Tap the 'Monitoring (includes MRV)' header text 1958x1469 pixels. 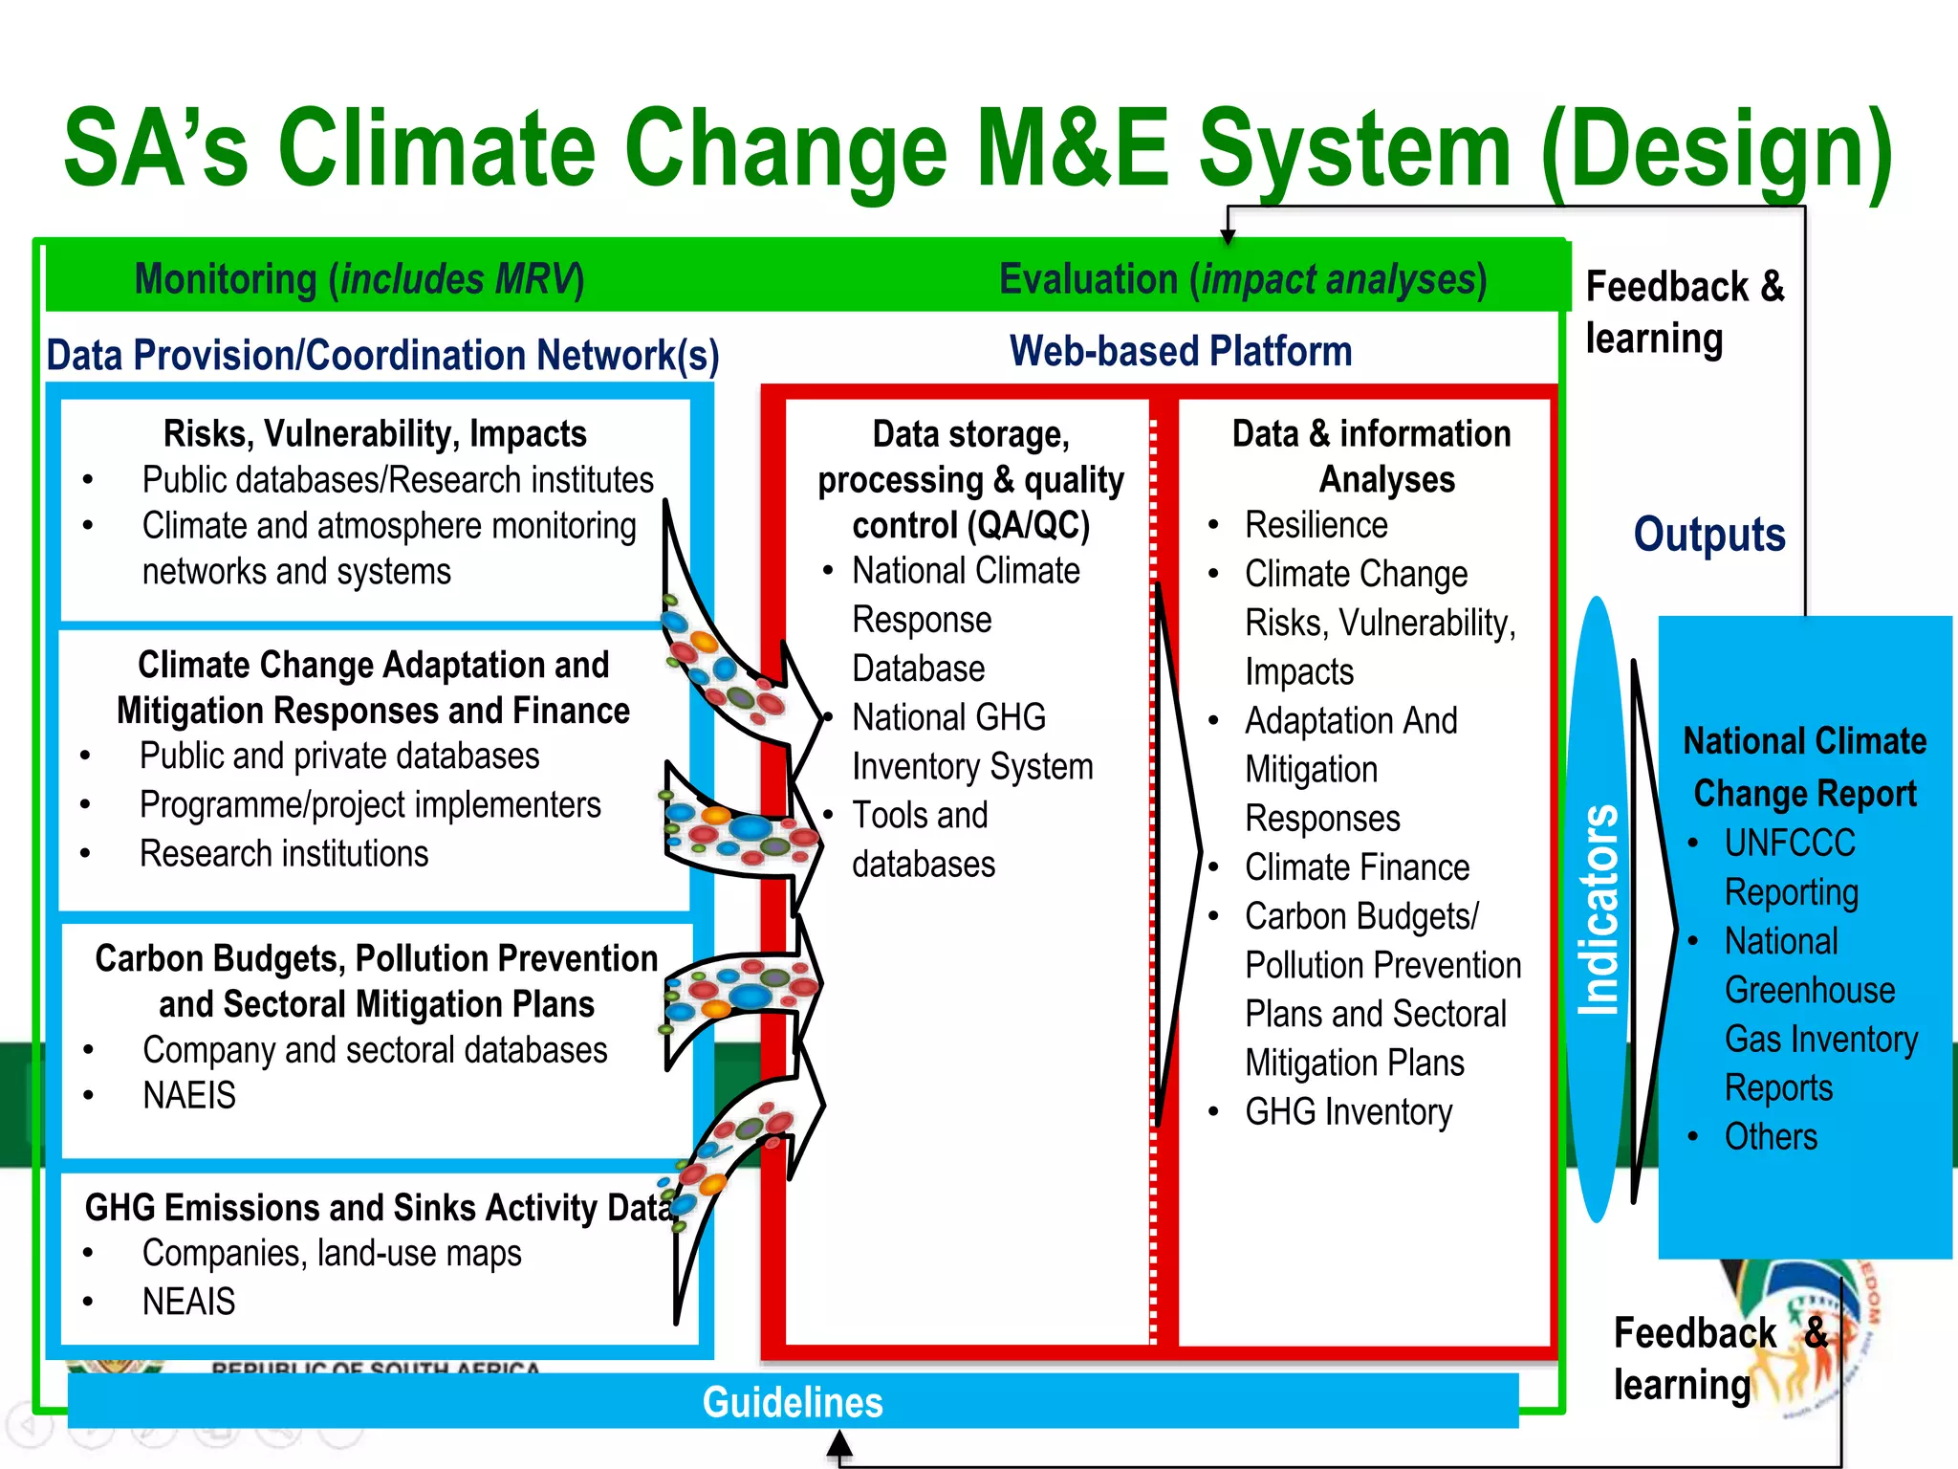click(359, 280)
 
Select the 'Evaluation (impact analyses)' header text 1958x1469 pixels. click(1242, 280)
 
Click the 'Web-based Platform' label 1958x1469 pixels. click(1181, 351)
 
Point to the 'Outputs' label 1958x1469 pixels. click(1708, 534)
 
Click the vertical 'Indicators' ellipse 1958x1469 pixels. click(1598, 909)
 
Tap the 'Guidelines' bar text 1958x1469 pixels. click(793, 1402)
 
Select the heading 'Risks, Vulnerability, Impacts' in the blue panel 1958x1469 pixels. click(375, 434)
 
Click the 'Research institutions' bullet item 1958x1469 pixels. click(284, 853)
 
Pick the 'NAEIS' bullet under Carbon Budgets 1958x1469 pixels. click(189, 1095)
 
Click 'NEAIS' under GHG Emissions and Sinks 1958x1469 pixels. click(188, 1302)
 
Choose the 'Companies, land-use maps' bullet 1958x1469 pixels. click(332, 1253)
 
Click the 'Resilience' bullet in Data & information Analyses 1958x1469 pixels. click(1316, 525)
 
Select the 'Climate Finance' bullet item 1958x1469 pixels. click(1357, 867)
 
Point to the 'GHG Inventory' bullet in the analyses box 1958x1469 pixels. click(1348, 1112)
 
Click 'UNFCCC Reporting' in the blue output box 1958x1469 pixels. click(1791, 867)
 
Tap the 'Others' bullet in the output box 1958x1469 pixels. click(1771, 1137)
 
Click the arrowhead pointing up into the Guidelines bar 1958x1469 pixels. click(839, 1443)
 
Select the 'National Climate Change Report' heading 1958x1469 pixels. click(1804, 767)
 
